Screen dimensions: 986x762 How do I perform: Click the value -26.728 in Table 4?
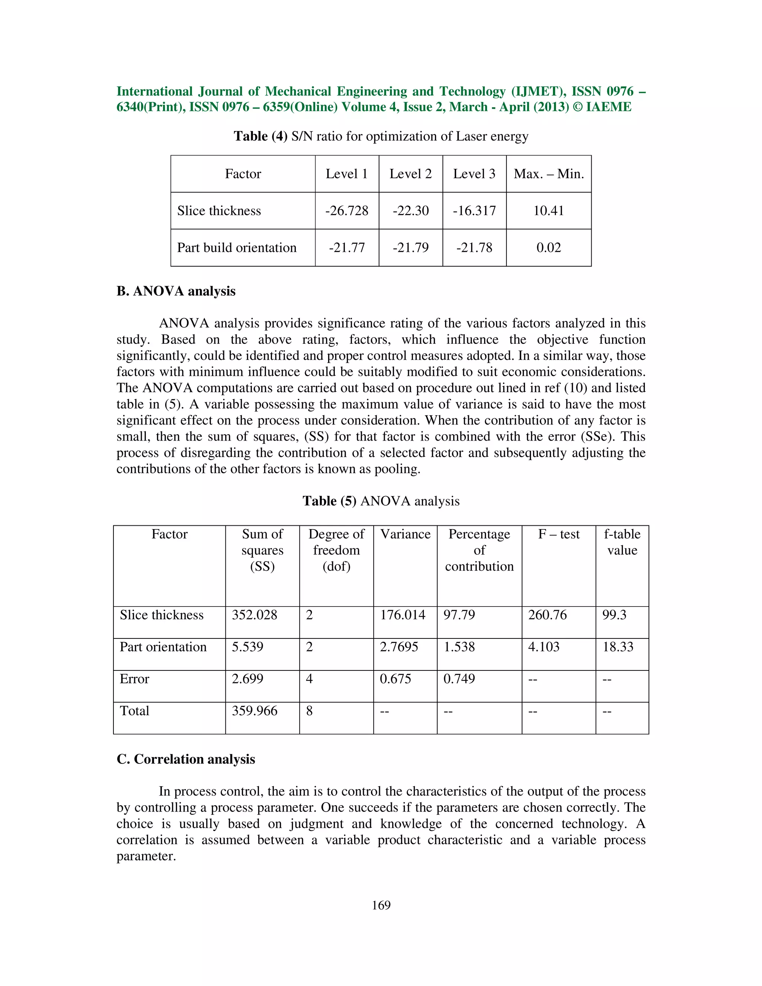pyautogui.click(x=347, y=211)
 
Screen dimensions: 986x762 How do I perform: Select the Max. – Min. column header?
pyautogui.click(x=548, y=174)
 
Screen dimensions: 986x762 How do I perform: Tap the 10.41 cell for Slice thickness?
pyautogui.click(x=548, y=211)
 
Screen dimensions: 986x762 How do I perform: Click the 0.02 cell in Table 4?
pyautogui.click(x=548, y=248)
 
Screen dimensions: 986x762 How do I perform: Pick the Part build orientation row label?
pyautogui.click(x=237, y=248)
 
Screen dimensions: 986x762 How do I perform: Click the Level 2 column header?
pyautogui.click(x=410, y=174)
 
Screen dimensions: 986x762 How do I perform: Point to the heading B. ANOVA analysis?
pyautogui.click(x=176, y=291)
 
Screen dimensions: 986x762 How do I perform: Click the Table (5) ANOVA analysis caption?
pyautogui.click(x=381, y=501)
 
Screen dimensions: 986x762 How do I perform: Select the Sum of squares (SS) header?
pyautogui.click(x=262, y=550)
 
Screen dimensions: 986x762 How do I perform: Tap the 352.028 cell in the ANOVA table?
pyautogui.click(x=254, y=615)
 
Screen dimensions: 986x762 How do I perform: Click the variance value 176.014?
pyautogui.click(x=402, y=615)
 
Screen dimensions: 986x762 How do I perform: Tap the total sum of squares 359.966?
pyautogui.click(x=254, y=711)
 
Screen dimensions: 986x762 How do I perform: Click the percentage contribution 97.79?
pyautogui.click(x=459, y=615)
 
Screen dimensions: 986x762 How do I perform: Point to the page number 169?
pyautogui.click(x=381, y=905)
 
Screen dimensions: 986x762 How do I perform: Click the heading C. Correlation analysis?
pyautogui.click(x=186, y=759)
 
